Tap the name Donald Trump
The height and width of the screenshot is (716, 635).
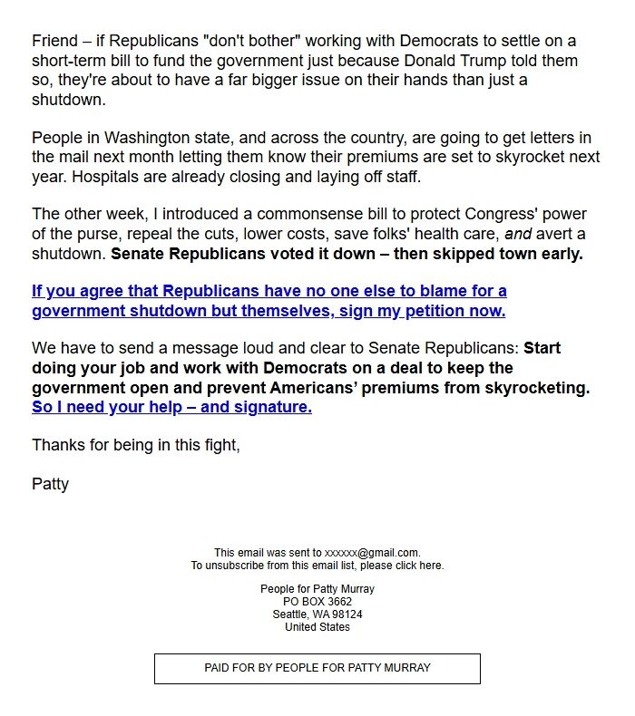(x=493, y=61)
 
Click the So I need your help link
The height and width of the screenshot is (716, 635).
(x=171, y=407)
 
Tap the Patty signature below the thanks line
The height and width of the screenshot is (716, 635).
(x=50, y=483)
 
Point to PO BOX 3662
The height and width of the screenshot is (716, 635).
(x=317, y=602)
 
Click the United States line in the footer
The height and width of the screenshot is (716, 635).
(x=317, y=627)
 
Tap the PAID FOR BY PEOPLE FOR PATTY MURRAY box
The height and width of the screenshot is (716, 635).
(x=317, y=668)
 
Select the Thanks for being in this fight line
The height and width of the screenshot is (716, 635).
(x=136, y=445)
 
